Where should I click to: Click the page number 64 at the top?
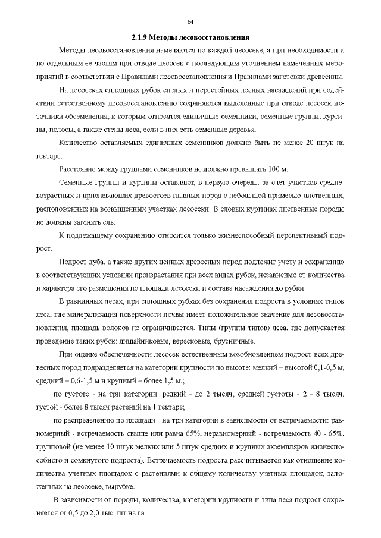coord(190,22)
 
